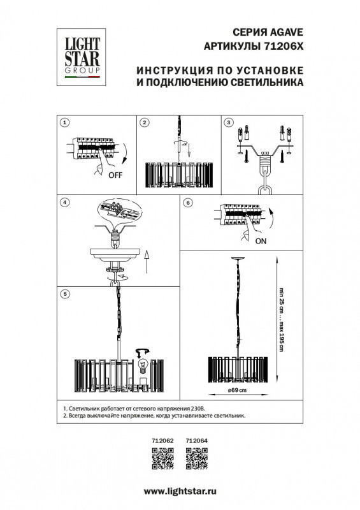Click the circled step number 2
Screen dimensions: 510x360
click(145, 122)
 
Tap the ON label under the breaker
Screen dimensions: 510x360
click(261, 242)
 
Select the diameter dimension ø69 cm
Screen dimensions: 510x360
click(238, 390)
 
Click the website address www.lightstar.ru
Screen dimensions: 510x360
click(180, 492)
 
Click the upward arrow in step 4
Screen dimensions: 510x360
click(146, 261)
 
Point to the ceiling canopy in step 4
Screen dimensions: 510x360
click(115, 252)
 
